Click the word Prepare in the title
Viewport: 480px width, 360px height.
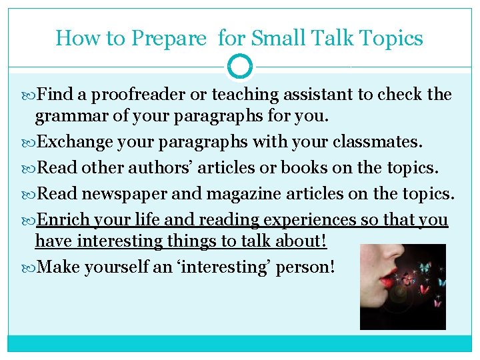169,39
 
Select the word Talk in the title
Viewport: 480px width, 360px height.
328,38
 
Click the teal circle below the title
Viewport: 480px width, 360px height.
240,67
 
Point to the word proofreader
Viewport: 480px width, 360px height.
123,95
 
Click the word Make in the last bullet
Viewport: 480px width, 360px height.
57,267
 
